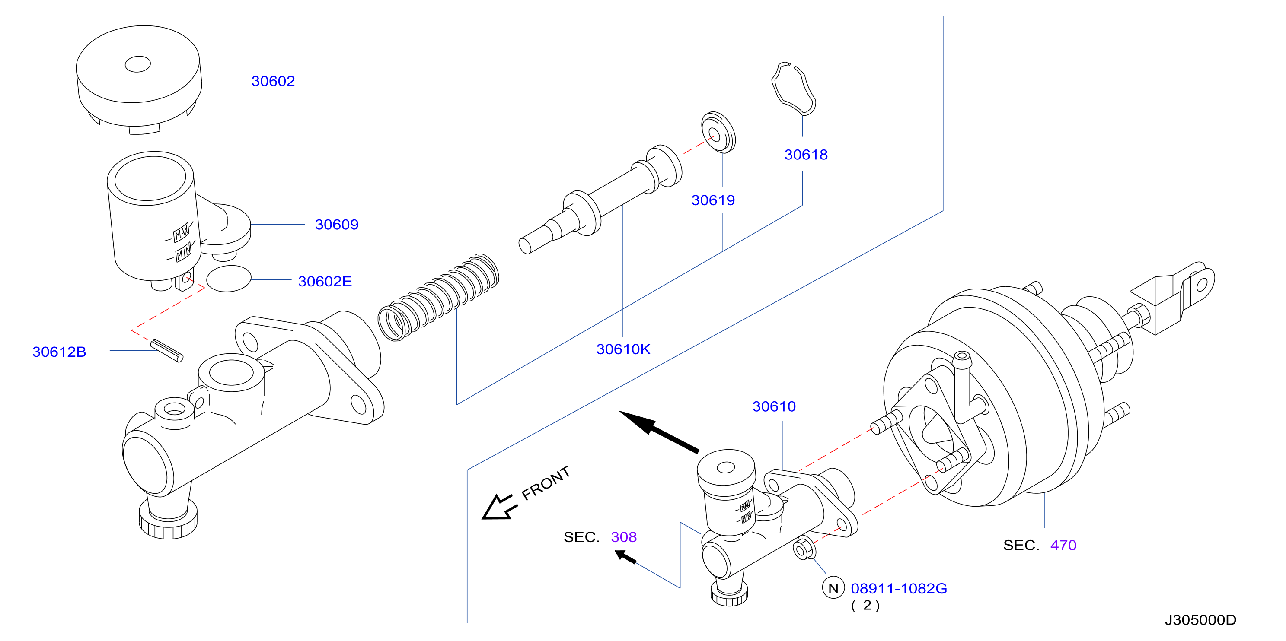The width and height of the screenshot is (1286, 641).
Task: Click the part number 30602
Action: pos(273,81)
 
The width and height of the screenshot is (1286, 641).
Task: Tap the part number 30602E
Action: pos(325,281)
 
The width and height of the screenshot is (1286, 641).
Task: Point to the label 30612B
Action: pos(59,352)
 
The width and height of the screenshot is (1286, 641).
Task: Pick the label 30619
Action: pos(713,200)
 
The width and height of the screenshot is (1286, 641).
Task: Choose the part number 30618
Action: pos(806,155)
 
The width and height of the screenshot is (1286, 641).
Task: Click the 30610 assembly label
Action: pos(774,406)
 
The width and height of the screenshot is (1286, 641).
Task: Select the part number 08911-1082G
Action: pos(899,589)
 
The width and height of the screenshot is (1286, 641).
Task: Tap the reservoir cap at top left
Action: pos(139,80)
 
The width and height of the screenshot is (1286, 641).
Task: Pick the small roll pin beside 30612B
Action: pos(167,350)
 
